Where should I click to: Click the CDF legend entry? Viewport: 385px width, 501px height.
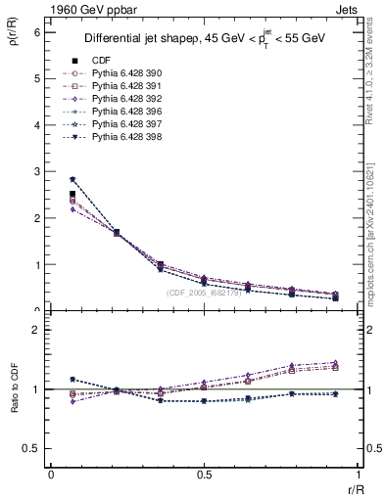[x=102, y=60]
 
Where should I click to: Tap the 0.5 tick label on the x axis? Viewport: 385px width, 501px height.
[x=204, y=475]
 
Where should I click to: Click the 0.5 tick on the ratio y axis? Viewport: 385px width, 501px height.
[x=31, y=448]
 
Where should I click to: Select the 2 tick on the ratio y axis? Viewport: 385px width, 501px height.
[x=36, y=330]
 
